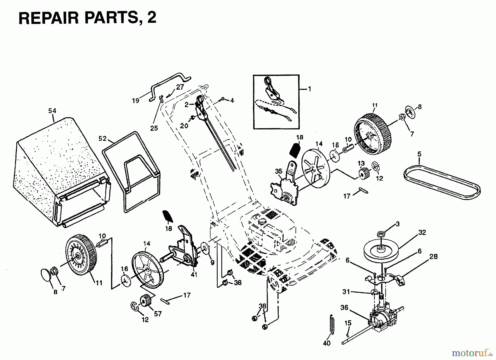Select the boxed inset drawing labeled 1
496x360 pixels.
coord(276,102)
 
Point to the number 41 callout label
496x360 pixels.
coord(194,275)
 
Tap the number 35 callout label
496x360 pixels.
coord(279,171)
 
